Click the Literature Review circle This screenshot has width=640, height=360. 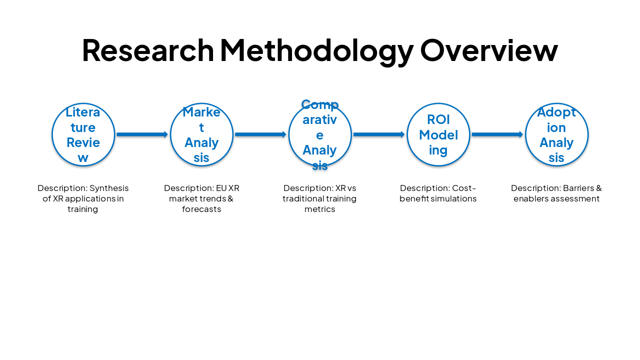[83, 134]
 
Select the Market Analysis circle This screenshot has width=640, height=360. [201, 134]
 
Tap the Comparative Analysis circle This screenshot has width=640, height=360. [320, 134]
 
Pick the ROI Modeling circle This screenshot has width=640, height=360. [438, 134]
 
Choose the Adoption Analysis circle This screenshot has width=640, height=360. [556, 134]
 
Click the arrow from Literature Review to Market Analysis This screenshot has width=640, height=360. [142, 134]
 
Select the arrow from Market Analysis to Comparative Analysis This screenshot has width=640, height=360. [260, 134]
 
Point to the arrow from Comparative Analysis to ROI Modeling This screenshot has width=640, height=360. [379, 134]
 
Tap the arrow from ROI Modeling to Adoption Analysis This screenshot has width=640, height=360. [497, 134]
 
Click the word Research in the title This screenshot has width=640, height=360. [147, 50]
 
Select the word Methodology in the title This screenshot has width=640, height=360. [316, 51]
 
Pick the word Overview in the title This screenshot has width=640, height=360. [488, 50]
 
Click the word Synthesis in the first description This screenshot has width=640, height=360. [109, 188]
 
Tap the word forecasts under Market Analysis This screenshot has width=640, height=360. [201, 209]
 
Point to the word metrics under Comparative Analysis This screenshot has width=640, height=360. [320, 209]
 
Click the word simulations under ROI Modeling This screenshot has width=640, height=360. [454, 199]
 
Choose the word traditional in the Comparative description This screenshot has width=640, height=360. [302, 199]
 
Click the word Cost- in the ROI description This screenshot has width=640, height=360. [464, 188]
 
